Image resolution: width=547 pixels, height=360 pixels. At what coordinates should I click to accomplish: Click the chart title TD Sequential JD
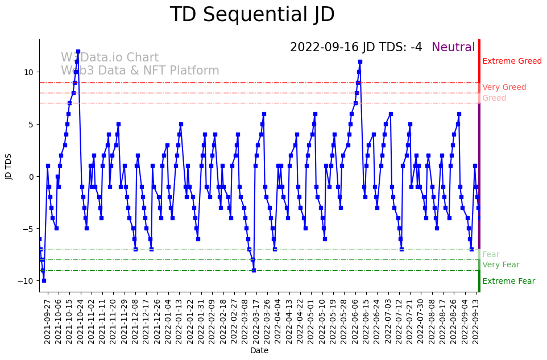(252, 15)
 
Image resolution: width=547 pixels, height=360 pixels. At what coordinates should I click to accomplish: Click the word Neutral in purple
(453, 48)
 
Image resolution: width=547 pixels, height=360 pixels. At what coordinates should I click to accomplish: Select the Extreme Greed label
(512, 61)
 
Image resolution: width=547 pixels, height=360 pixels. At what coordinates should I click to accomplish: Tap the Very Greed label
(504, 88)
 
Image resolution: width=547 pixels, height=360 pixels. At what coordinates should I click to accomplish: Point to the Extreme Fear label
(508, 282)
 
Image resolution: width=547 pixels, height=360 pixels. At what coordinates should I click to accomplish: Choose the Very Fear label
(500, 265)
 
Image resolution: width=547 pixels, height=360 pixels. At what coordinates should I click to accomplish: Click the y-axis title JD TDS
(9, 165)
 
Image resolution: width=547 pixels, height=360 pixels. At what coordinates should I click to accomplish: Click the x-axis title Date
(259, 351)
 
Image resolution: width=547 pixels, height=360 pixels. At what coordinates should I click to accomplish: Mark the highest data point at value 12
(78, 51)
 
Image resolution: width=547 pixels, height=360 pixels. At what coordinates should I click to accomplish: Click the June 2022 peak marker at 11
(360, 61)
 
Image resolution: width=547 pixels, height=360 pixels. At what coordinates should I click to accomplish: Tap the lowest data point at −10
(44, 280)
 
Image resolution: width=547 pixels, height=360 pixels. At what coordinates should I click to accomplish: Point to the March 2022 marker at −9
(254, 270)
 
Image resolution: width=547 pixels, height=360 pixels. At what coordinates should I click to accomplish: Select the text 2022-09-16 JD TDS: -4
(356, 48)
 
